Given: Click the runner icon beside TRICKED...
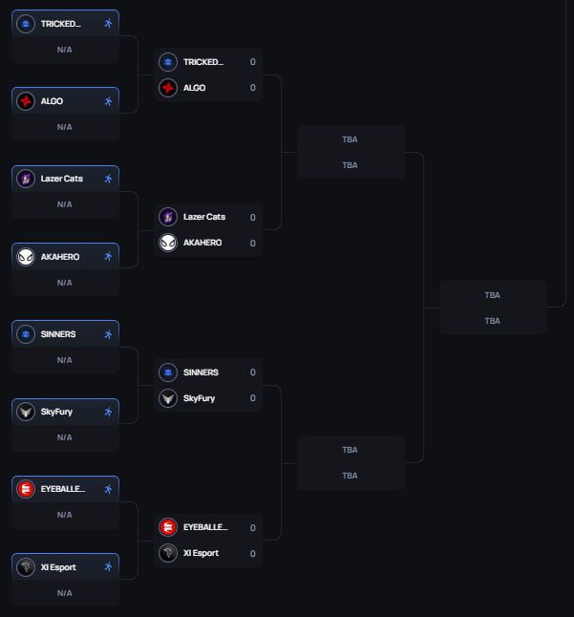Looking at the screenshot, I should (x=108, y=23).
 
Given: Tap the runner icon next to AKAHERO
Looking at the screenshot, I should (x=108, y=256).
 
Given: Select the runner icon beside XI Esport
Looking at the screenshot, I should (x=108, y=566).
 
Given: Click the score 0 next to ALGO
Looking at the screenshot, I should (x=252, y=88).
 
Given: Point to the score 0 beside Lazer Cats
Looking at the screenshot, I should (x=252, y=217).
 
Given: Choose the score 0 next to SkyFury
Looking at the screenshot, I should (x=252, y=398).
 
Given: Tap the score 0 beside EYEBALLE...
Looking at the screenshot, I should (x=252, y=527).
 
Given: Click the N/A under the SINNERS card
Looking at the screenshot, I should (x=64, y=360).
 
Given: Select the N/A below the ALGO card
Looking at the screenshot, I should (x=64, y=127).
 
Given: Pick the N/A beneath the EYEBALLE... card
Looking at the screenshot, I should (x=64, y=515).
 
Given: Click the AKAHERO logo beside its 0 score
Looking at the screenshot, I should (x=168, y=243).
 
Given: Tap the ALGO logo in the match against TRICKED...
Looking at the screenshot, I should (x=168, y=88).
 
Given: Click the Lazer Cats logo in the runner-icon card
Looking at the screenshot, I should (x=26, y=178).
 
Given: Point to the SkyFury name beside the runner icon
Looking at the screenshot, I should (x=56, y=412).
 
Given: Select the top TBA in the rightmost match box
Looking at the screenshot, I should (x=492, y=295).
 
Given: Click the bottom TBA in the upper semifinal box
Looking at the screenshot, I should (x=350, y=165).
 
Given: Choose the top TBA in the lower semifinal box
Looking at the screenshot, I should (x=350, y=450).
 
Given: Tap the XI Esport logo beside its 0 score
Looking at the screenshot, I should (x=168, y=553).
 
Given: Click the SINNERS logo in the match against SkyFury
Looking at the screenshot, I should (x=168, y=372).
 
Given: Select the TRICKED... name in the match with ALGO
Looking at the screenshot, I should (x=202, y=62).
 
